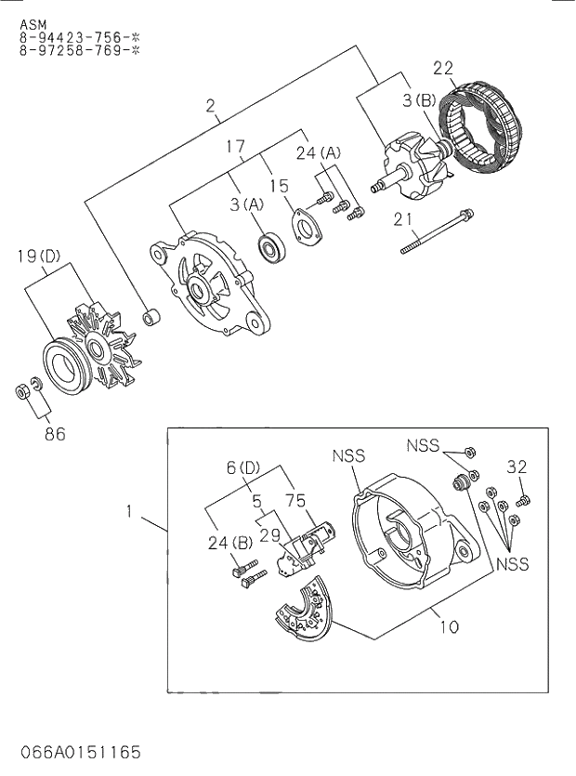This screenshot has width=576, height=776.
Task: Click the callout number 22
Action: pos(443,67)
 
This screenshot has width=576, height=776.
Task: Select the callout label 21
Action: pos(402,219)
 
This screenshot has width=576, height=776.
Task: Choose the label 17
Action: pos(235,146)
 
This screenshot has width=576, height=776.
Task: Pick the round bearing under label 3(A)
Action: pos(271,247)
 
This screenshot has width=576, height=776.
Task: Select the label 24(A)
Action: pos(319,152)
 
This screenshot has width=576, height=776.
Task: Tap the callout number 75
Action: pos(295,500)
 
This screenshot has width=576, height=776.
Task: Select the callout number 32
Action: pos(517,466)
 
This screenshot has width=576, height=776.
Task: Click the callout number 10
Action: pos(449,626)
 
